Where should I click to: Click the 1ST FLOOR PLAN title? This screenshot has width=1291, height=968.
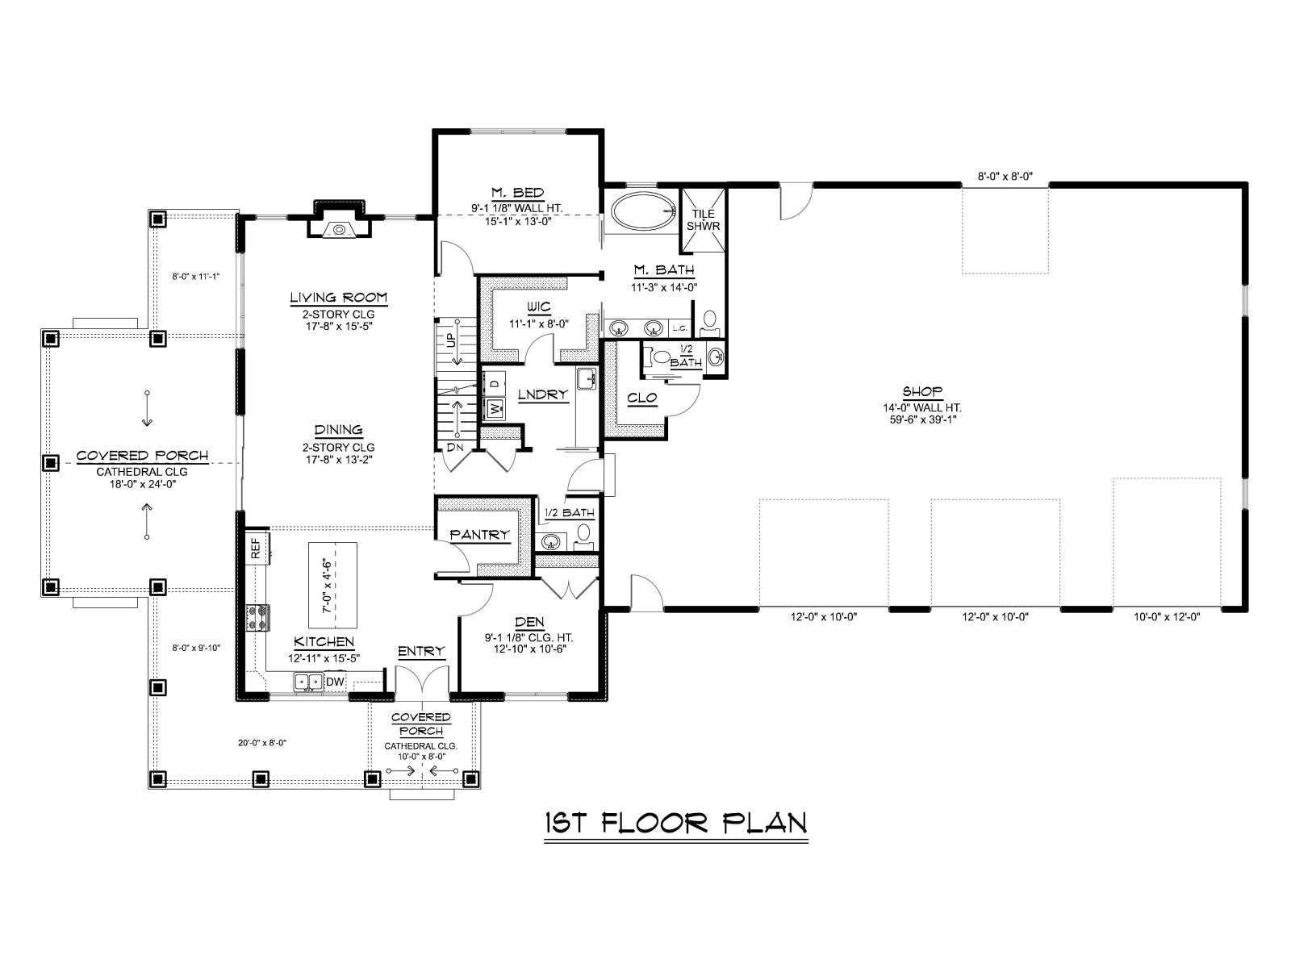click(x=676, y=823)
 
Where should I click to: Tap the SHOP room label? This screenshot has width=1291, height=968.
click(x=922, y=391)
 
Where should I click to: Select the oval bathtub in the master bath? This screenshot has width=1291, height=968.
click(x=643, y=211)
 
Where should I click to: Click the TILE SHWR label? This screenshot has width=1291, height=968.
click(x=703, y=219)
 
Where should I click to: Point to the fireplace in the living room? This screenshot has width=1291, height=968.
click(x=340, y=220)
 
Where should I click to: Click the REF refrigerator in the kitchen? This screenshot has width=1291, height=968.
click(x=257, y=547)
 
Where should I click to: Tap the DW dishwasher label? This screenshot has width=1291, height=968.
click(x=335, y=682)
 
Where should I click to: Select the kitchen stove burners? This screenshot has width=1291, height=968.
click(x=257, y=617)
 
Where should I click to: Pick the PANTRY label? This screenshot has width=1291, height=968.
click(x=479, y=534)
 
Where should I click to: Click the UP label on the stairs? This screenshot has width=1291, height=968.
click(x=452, y=340)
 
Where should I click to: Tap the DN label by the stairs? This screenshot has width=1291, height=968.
click(x=454, y=447)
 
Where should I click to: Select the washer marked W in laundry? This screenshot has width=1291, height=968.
click(x=495, y=407)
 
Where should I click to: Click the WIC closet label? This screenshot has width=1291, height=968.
click(x=538, y=307)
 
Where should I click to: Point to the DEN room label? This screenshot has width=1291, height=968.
click(x=529, y=622)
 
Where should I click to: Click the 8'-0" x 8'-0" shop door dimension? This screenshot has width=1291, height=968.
click(x=1005, y=176)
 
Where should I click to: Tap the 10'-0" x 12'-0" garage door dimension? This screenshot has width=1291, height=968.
click(x=1167, y=616)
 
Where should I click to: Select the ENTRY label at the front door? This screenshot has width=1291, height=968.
click(x=421, y=651)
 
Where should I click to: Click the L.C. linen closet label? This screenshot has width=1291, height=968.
click(x=680, y=328)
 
